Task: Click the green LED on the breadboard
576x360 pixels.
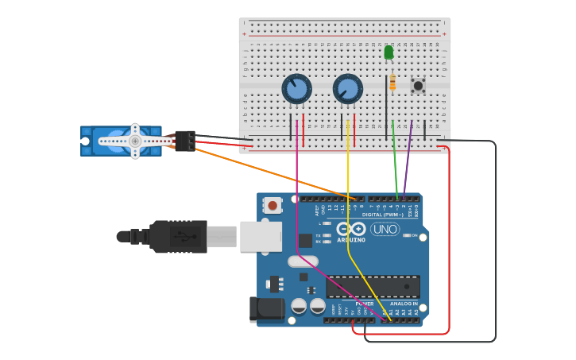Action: point(389,52)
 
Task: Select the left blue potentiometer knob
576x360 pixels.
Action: point(296,88)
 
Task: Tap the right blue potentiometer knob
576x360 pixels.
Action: point(347,88)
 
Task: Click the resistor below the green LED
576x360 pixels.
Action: point(392,82)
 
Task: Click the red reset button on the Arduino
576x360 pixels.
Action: point(273,205)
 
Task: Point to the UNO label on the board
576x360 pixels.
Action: point(385,230)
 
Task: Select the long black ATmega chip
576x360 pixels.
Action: point(373,286)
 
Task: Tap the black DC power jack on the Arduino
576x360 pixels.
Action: point(267,310)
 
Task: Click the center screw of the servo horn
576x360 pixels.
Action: point(136,141)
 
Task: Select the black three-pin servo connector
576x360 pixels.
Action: point(185,141)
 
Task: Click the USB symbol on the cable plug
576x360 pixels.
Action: point(181,236)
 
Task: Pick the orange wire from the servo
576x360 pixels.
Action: point(270,172)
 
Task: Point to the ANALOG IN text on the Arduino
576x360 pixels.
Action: point(404,304)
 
